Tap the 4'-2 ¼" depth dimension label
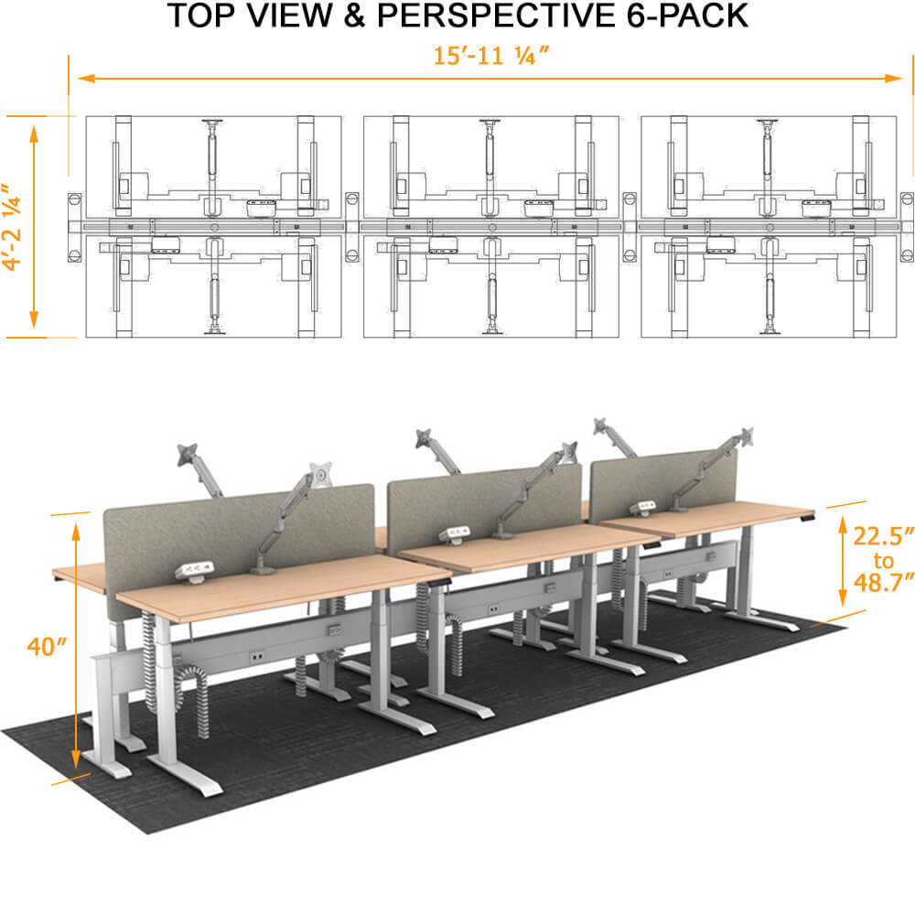[x=12, y=225]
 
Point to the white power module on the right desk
[x=645, y=507]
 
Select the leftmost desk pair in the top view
[x=213, y=226]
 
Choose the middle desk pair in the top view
[x=490, y=226]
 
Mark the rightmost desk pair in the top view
[x=769, y=226]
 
